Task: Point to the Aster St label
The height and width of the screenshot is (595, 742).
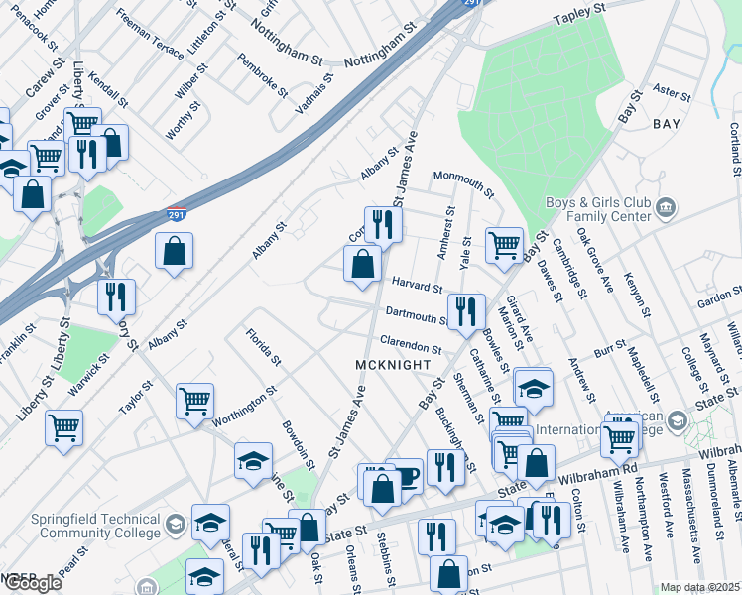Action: [673, 92]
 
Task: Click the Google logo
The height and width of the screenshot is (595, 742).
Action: [32, 583]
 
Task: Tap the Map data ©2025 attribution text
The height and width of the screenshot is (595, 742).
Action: [700, 587]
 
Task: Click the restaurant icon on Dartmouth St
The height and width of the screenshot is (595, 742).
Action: [465, 310]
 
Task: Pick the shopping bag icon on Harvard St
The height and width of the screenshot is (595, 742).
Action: [362, 264]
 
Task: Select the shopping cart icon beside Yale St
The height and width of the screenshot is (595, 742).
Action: [505, 244]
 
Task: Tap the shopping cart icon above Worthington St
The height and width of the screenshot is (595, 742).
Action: [195, 400]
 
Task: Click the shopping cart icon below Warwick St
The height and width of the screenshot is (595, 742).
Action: [64, 427]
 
